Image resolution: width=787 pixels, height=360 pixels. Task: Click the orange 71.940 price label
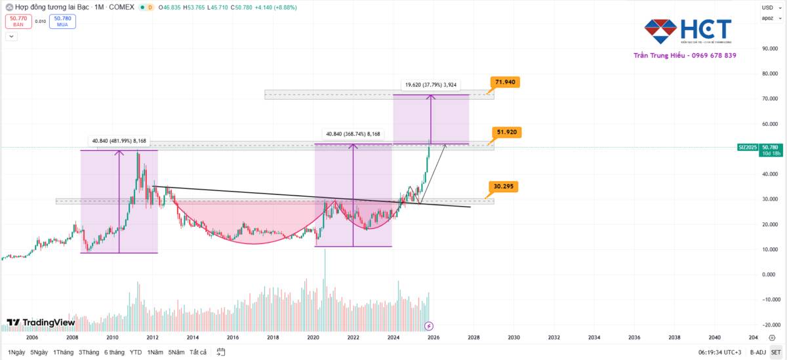(x=506, y=82)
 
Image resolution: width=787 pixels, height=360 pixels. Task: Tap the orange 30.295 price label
(x=503, y=186)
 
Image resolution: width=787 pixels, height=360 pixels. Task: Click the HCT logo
(x=687, y=30)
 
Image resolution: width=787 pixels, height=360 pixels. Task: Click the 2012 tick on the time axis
(x=152, y=338)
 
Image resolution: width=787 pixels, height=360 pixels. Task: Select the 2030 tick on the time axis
(x=514, y=338)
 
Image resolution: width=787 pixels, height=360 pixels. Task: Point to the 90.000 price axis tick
(x=769, y=49)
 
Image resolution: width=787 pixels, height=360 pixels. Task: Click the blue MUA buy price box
(x=62, y=22)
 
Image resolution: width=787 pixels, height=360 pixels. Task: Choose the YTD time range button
(x=136, y=352)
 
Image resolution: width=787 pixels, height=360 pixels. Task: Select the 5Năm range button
(x=176, y=352)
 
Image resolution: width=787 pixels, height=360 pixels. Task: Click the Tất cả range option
(x=198, y=352)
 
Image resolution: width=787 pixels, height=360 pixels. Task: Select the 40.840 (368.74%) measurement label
(x=352, y=134)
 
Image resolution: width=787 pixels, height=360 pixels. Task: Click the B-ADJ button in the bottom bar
(x=757, y=352)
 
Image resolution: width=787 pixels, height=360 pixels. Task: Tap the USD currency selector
(x=767, y=7)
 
